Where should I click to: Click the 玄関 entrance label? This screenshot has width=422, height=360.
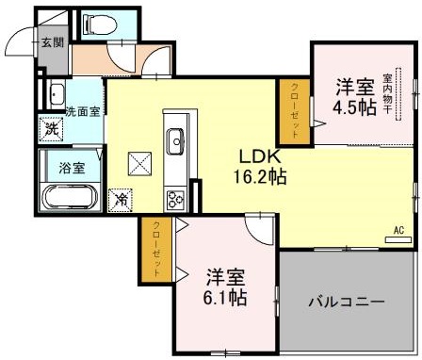[x=52, y=41]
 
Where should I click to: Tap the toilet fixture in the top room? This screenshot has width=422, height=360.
[x=96, y=25]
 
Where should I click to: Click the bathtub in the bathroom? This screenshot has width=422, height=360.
[x=70, y=197]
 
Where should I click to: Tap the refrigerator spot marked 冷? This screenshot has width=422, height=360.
[x=122, y=200]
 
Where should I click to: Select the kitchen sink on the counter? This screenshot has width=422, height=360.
[x=176, y=142]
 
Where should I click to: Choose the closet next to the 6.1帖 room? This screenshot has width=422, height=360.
[x=156, y=249]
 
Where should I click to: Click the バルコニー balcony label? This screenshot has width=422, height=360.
[x=347, y=303]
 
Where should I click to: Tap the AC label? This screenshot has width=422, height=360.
[x=398, y=230]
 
